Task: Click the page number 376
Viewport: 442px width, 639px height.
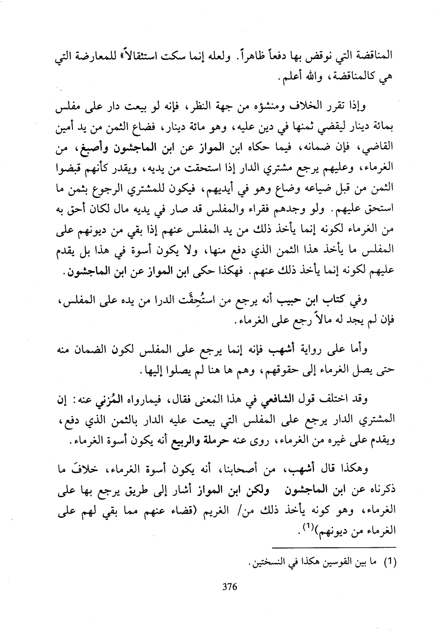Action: tap(230, 588)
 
